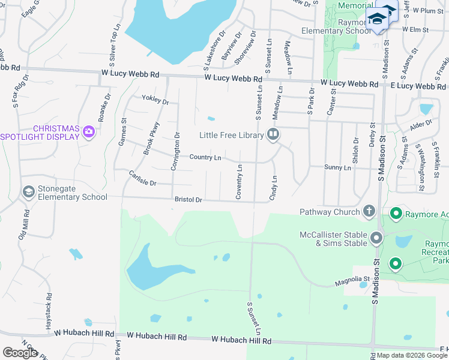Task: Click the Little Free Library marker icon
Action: point(273,134)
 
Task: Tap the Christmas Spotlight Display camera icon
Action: point(89,131)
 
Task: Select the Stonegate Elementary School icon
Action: point(28,191)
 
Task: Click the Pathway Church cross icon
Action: point(369,211)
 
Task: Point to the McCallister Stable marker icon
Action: point(376,238)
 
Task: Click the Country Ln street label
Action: point(205,157)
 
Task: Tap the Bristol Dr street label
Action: point(188,199)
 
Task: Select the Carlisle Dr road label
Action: point(142,178)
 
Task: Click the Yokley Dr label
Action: point(155,100)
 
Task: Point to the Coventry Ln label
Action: point(239,182)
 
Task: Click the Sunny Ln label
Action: point(337,168)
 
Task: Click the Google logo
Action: point(20,353)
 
